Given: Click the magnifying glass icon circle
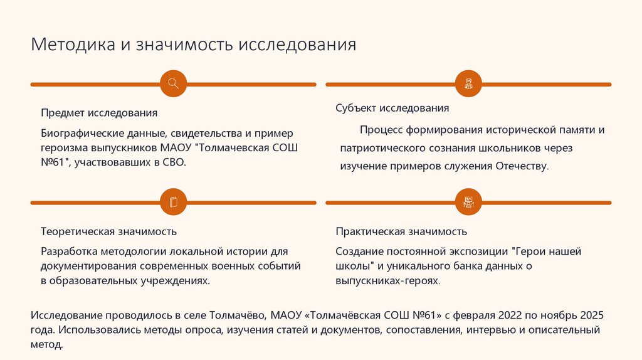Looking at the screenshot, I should pyautogui.click(x=174, y=83).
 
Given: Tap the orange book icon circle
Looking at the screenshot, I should pyautogui.click(x=174, y=202).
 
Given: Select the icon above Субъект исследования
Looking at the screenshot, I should pyautogui.click(x=468, y=83).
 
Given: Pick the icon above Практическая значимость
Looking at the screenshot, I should pyautogui.click(x=468, y=202).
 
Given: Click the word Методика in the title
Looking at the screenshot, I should pyautogui.click(x=73, y=45).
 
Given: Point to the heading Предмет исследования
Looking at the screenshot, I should pyautogui.click(x=99, y=113).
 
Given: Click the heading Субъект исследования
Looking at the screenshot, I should pyautogui.click(x=392, y=108).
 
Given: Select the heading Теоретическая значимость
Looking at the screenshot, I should pyautogui.click(x=108, y=231).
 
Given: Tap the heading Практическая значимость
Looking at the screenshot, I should pyautogui.click(x=401, y=231).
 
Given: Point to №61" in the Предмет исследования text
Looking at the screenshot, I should pyautogui.click(x=55, y=162).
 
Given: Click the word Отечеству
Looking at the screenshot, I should pyautogui.click(x=522, y=167).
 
